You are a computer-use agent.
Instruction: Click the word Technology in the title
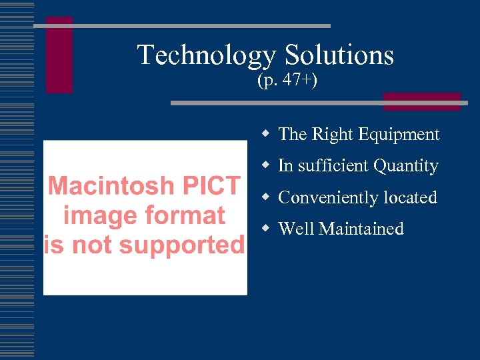[206, 55]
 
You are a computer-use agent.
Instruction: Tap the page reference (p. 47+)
[287, 81]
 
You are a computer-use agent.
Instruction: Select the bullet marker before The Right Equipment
[266, 134]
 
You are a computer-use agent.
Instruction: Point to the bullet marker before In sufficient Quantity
[266, 165]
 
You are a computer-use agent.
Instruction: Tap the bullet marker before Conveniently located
[266, 197]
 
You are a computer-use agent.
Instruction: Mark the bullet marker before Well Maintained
[266, 228]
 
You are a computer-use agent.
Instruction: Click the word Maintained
[361, 229]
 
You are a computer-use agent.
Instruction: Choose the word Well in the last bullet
[296, 229]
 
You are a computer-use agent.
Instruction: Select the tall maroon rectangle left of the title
[59, 55]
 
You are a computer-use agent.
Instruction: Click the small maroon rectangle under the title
[421, 101]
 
